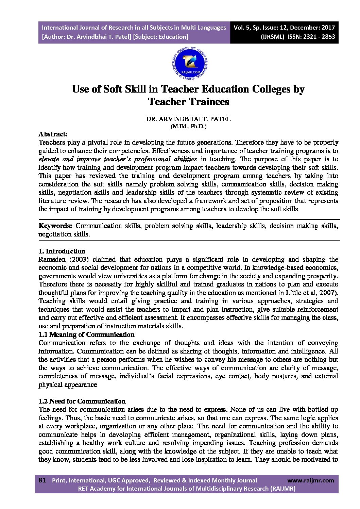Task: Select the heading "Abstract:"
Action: (x=53, y=134)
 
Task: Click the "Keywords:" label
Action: (x=55, y=226)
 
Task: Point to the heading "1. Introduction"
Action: (x=62, y=251)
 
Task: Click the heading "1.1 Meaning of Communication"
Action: (x=86, y=335)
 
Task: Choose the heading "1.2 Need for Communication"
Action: (x=82, y=401)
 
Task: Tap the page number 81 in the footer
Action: (x=42, y=480)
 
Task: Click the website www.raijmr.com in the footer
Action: (x=311, y=480)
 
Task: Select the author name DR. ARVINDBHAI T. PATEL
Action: (x=188, y=119)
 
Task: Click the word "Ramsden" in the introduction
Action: (x=51, y=260)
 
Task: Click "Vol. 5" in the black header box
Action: (x=242, y=28)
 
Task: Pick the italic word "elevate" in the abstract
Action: (x=49, y=159)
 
